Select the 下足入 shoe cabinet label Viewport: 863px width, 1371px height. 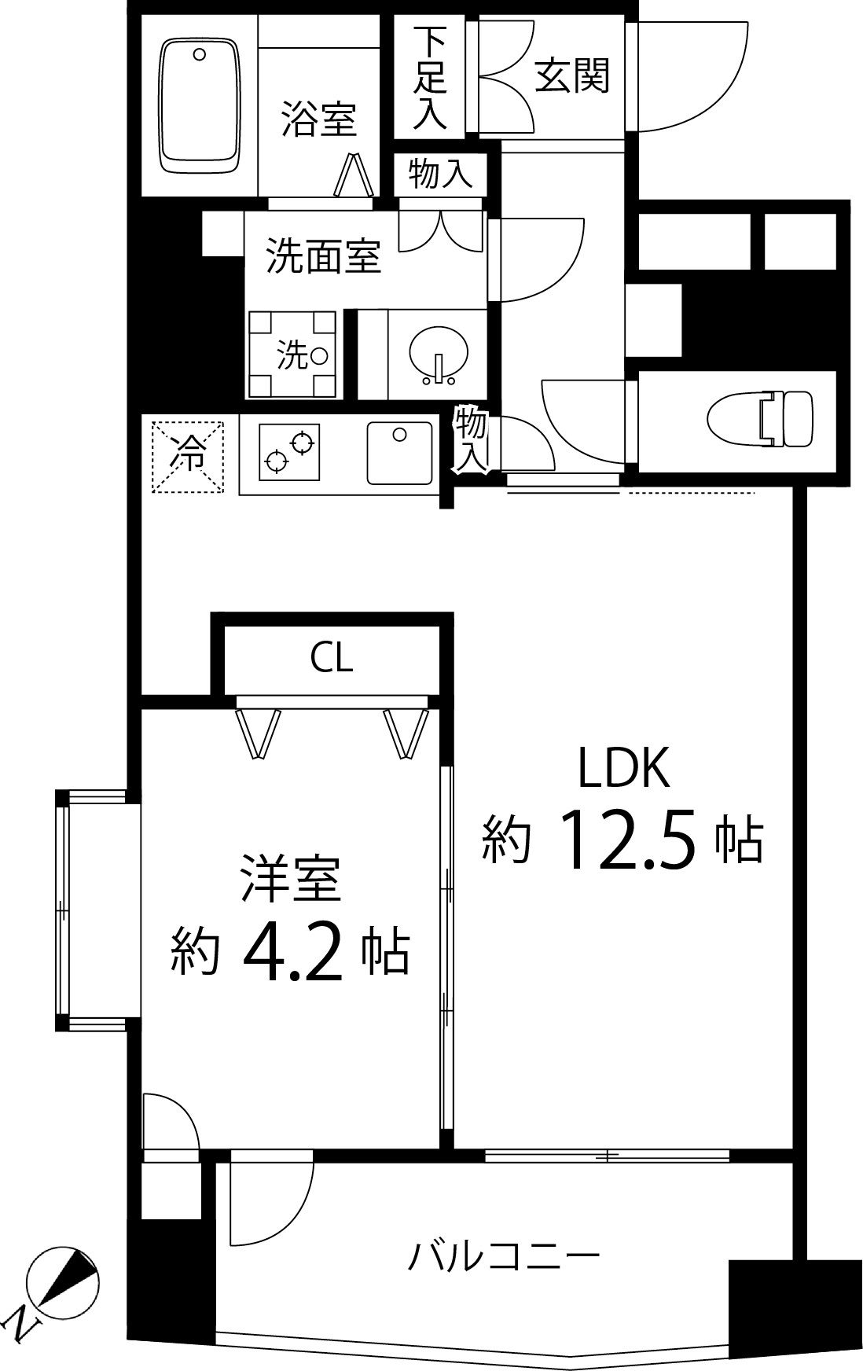tap(431, 77)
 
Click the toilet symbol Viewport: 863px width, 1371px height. tap(758, 421)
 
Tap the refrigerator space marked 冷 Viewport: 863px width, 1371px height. tap(188, 457)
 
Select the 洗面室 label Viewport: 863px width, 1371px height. tap(323, 255)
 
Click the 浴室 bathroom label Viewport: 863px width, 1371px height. tap(318, 119)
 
